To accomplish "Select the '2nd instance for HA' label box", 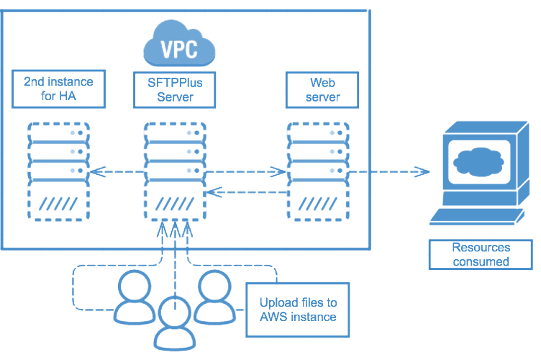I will coord(58,89).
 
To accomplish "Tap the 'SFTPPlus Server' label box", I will coord(171,89).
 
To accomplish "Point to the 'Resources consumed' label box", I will coord(481,254).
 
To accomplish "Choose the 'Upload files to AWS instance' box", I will coord(298,309).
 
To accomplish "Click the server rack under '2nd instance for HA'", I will coord(58,173).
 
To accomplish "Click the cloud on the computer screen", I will coord(478,159).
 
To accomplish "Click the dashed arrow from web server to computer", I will coord(389,172).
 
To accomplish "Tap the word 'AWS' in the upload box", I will coord(273,317).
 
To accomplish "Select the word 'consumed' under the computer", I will coord(481,261).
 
